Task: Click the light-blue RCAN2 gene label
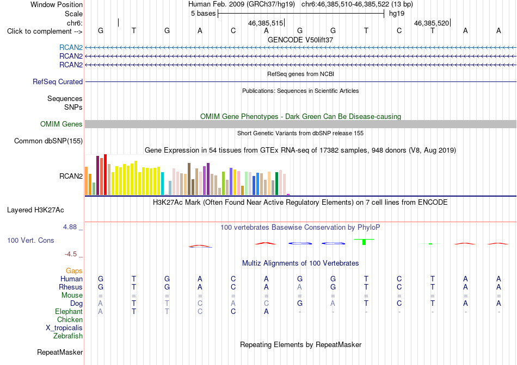(x=71, y=47)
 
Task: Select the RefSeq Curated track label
(x=58, y=81)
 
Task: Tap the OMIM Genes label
(x=61, y=124)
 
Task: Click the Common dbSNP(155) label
(x=48, y=141)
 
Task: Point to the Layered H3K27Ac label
(x=35, y=210)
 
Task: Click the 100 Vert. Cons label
(x=30, y=240)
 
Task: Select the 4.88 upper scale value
(x=70, y=227)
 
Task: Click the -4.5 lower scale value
(x=71, y=254)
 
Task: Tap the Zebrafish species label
(x=68, y=336)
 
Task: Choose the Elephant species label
(x=69, y=311)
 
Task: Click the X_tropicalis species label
(x=64, y=328)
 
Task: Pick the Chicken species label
(x=70, y=319)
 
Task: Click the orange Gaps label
(x=74, y=270)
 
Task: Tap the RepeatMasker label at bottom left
(x=60, y=352)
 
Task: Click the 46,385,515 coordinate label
(x=266, y=23)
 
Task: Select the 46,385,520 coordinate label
(x=432, y=23)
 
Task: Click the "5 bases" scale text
(x=203, y=14)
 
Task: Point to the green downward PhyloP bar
(x=364, y=242)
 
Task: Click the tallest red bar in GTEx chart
(x=106, y=174)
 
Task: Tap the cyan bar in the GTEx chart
(x=163, y=184)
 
